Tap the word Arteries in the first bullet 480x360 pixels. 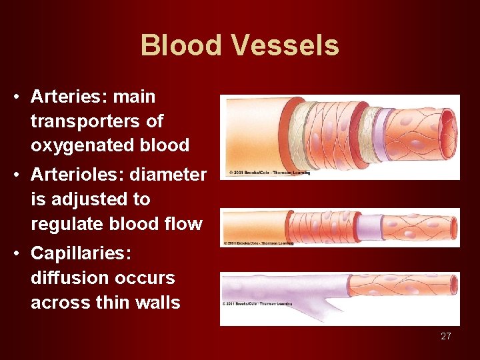(x=69, y=97)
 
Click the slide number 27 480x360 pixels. (x=445, y=336)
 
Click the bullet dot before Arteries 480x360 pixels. (x=15, y=97)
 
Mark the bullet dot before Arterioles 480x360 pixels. (x=15, y=175)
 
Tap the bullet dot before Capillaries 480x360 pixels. (x=15, y=254)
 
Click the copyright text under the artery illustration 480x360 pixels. (x=269, y=173)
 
